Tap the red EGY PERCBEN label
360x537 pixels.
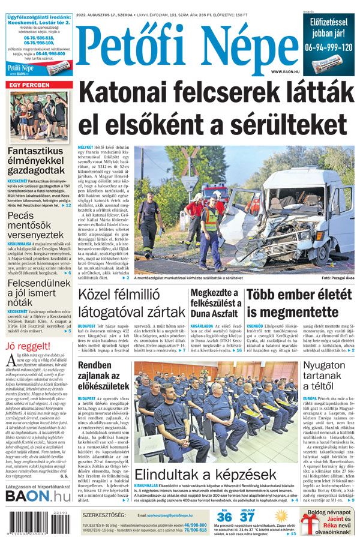tap(29, 86)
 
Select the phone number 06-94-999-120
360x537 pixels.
tap(329, 47)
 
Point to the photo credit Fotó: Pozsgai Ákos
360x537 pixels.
tap(338, 278)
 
